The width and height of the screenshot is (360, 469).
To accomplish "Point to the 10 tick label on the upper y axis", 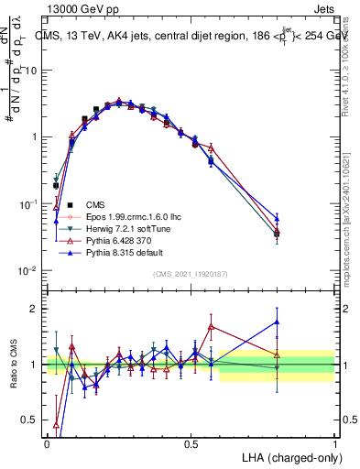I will tap(32, 70).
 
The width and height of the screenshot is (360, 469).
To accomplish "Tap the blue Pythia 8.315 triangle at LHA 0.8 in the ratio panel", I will tap(278, 322).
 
